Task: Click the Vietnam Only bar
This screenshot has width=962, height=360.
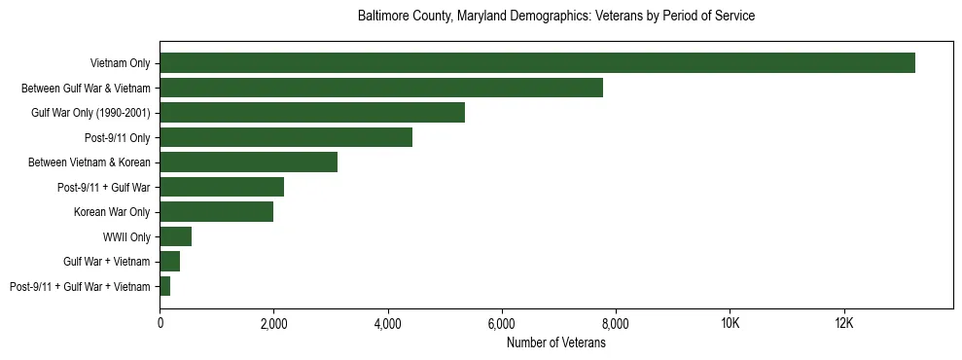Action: [537, 63]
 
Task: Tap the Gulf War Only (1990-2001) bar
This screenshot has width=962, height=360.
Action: [312, 113]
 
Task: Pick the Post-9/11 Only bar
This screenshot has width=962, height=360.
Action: [286, 137]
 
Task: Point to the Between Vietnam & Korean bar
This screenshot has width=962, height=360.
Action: [248, 162]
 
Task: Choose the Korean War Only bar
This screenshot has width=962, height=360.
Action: [216, 212]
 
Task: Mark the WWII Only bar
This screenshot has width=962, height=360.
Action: [175, 236]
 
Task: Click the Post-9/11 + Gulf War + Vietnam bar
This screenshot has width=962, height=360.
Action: [165, 286]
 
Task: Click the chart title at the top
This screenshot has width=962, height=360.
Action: [556, 17]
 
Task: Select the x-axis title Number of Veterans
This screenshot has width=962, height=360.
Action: [556, 342]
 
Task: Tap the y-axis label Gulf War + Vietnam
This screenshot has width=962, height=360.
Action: [107, 262]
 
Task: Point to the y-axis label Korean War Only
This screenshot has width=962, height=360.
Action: [112, 212]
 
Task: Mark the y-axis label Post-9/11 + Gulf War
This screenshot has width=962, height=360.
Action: [104, 187]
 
